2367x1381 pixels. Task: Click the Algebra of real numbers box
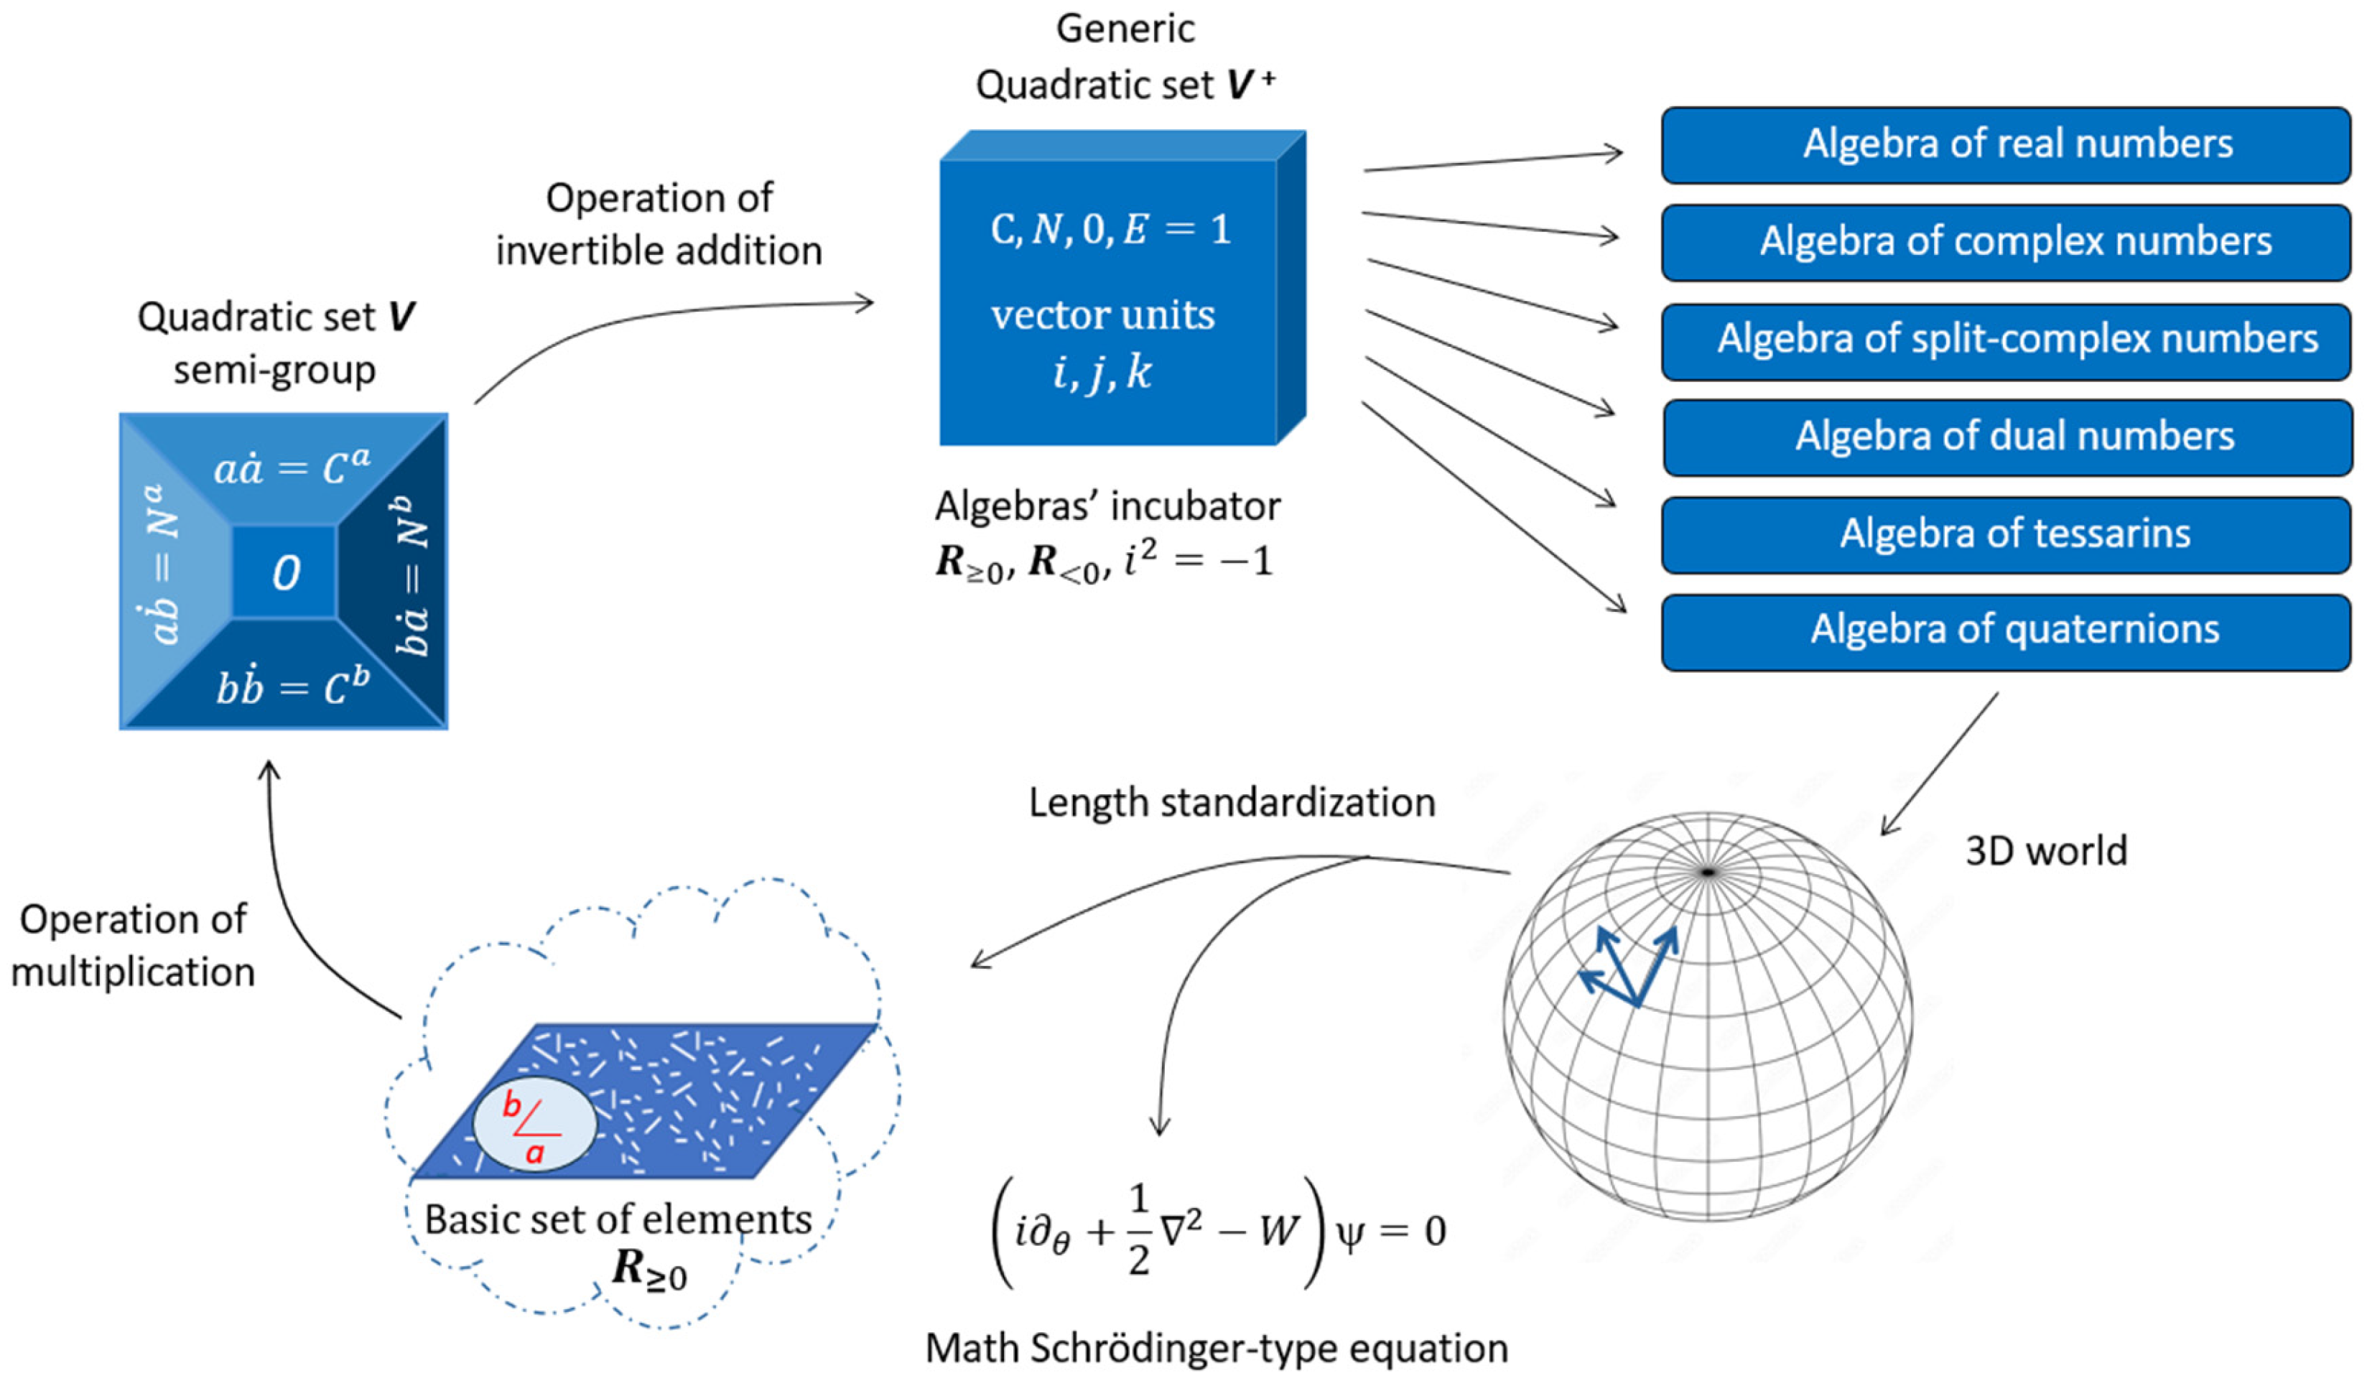pos(2005,144)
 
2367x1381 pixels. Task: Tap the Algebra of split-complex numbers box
pos(2005,340)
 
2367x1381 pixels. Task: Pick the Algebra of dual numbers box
pos(2005,437)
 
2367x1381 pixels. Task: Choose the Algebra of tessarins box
pos(2005,534)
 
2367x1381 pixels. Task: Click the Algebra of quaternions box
pos(2005,631)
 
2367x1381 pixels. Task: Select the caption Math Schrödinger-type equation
pos(1217,1348)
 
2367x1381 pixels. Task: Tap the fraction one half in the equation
pos(1138,1229)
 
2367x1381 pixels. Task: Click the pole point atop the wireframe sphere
pos(1708,873)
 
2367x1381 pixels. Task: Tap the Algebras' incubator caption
pos(1107,507)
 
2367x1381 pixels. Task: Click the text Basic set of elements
pos(618,1219)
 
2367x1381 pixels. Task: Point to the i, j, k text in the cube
pos(1102,373)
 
